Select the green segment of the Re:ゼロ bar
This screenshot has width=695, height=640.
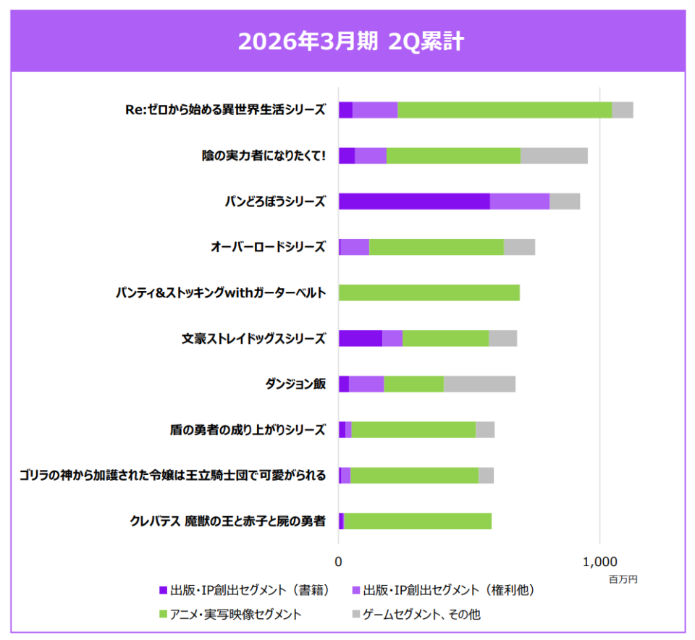(x=505, y=110)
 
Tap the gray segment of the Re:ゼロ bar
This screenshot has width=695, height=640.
(x=623, y=110)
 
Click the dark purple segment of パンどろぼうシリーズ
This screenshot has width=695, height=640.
(x=414, y=201)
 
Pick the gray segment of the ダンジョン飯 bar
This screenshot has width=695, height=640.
(x=479, y=384)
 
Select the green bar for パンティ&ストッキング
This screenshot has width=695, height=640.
(x=429, y=292)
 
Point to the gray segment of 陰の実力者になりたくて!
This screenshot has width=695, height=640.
(x=554, y=156)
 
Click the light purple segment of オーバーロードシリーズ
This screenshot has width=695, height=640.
(x=355, y=247)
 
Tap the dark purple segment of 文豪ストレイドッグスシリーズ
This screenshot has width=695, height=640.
(x=361, y=338)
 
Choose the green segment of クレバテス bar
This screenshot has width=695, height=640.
(x=418, y=521)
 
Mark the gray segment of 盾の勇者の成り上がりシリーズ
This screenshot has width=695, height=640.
(x=485, y=429)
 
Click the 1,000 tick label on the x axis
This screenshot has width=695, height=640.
(x=599, y=562)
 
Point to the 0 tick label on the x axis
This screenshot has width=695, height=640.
(x=339, y=562)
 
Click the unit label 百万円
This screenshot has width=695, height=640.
(x=623, y=579)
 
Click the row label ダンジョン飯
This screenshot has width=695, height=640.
(x=295, y=384)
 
